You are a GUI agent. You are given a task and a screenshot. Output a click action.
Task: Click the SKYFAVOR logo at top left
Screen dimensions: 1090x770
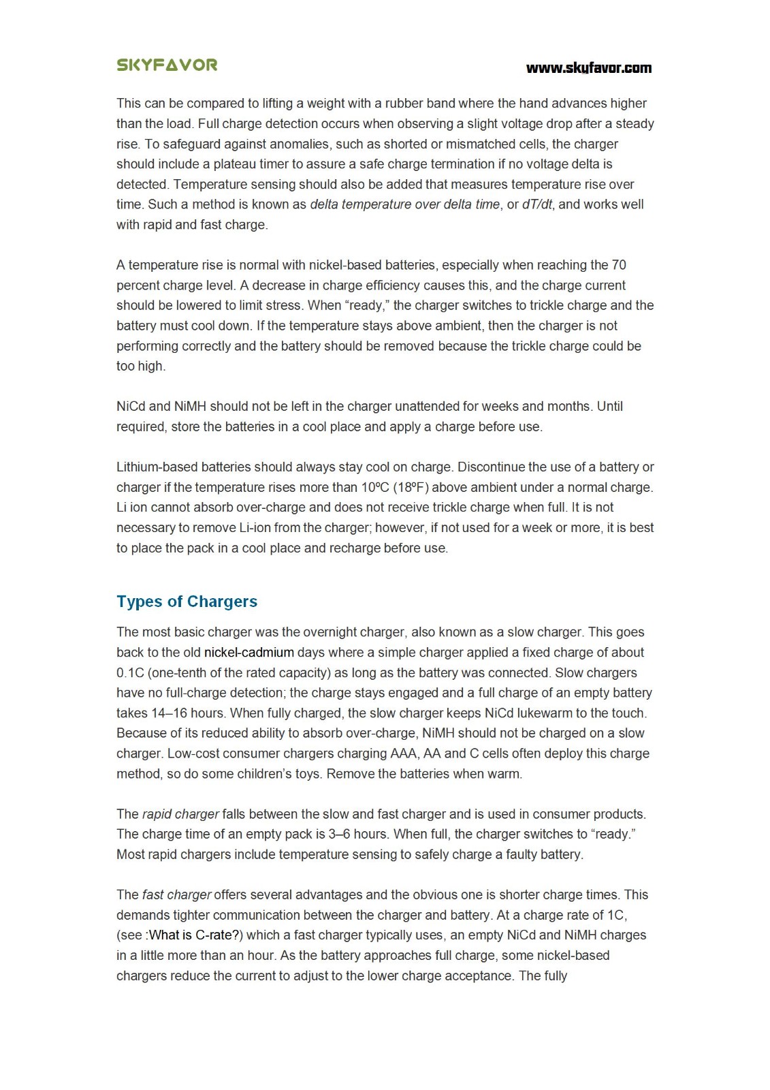pyautogui.click(x=167, y=65)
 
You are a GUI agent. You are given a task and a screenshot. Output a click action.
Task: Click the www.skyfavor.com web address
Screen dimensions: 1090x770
pyautogui.click(x=588, y=67)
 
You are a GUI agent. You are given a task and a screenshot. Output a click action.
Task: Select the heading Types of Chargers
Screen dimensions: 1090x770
pyautogui.click(x=187, y=602)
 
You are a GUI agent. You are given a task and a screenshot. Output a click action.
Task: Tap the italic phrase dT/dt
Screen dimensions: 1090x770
pyautogui.click(x=537, y=204)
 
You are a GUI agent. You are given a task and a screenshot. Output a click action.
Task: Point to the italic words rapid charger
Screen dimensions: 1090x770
pyautogui.click(x=180, y=814)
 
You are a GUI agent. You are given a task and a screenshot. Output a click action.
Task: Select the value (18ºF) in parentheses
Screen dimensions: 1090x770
pyautogui.click(x=411, y=488)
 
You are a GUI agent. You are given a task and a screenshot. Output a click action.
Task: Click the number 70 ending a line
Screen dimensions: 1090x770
pyautogui.click(x=619, y=265)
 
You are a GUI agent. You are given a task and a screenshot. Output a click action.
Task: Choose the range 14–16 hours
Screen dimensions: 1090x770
pyautogui.click(x=171, y=713)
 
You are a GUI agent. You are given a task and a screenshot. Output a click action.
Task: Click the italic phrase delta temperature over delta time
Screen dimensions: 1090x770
pyautogui.click(x=405, y=204)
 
